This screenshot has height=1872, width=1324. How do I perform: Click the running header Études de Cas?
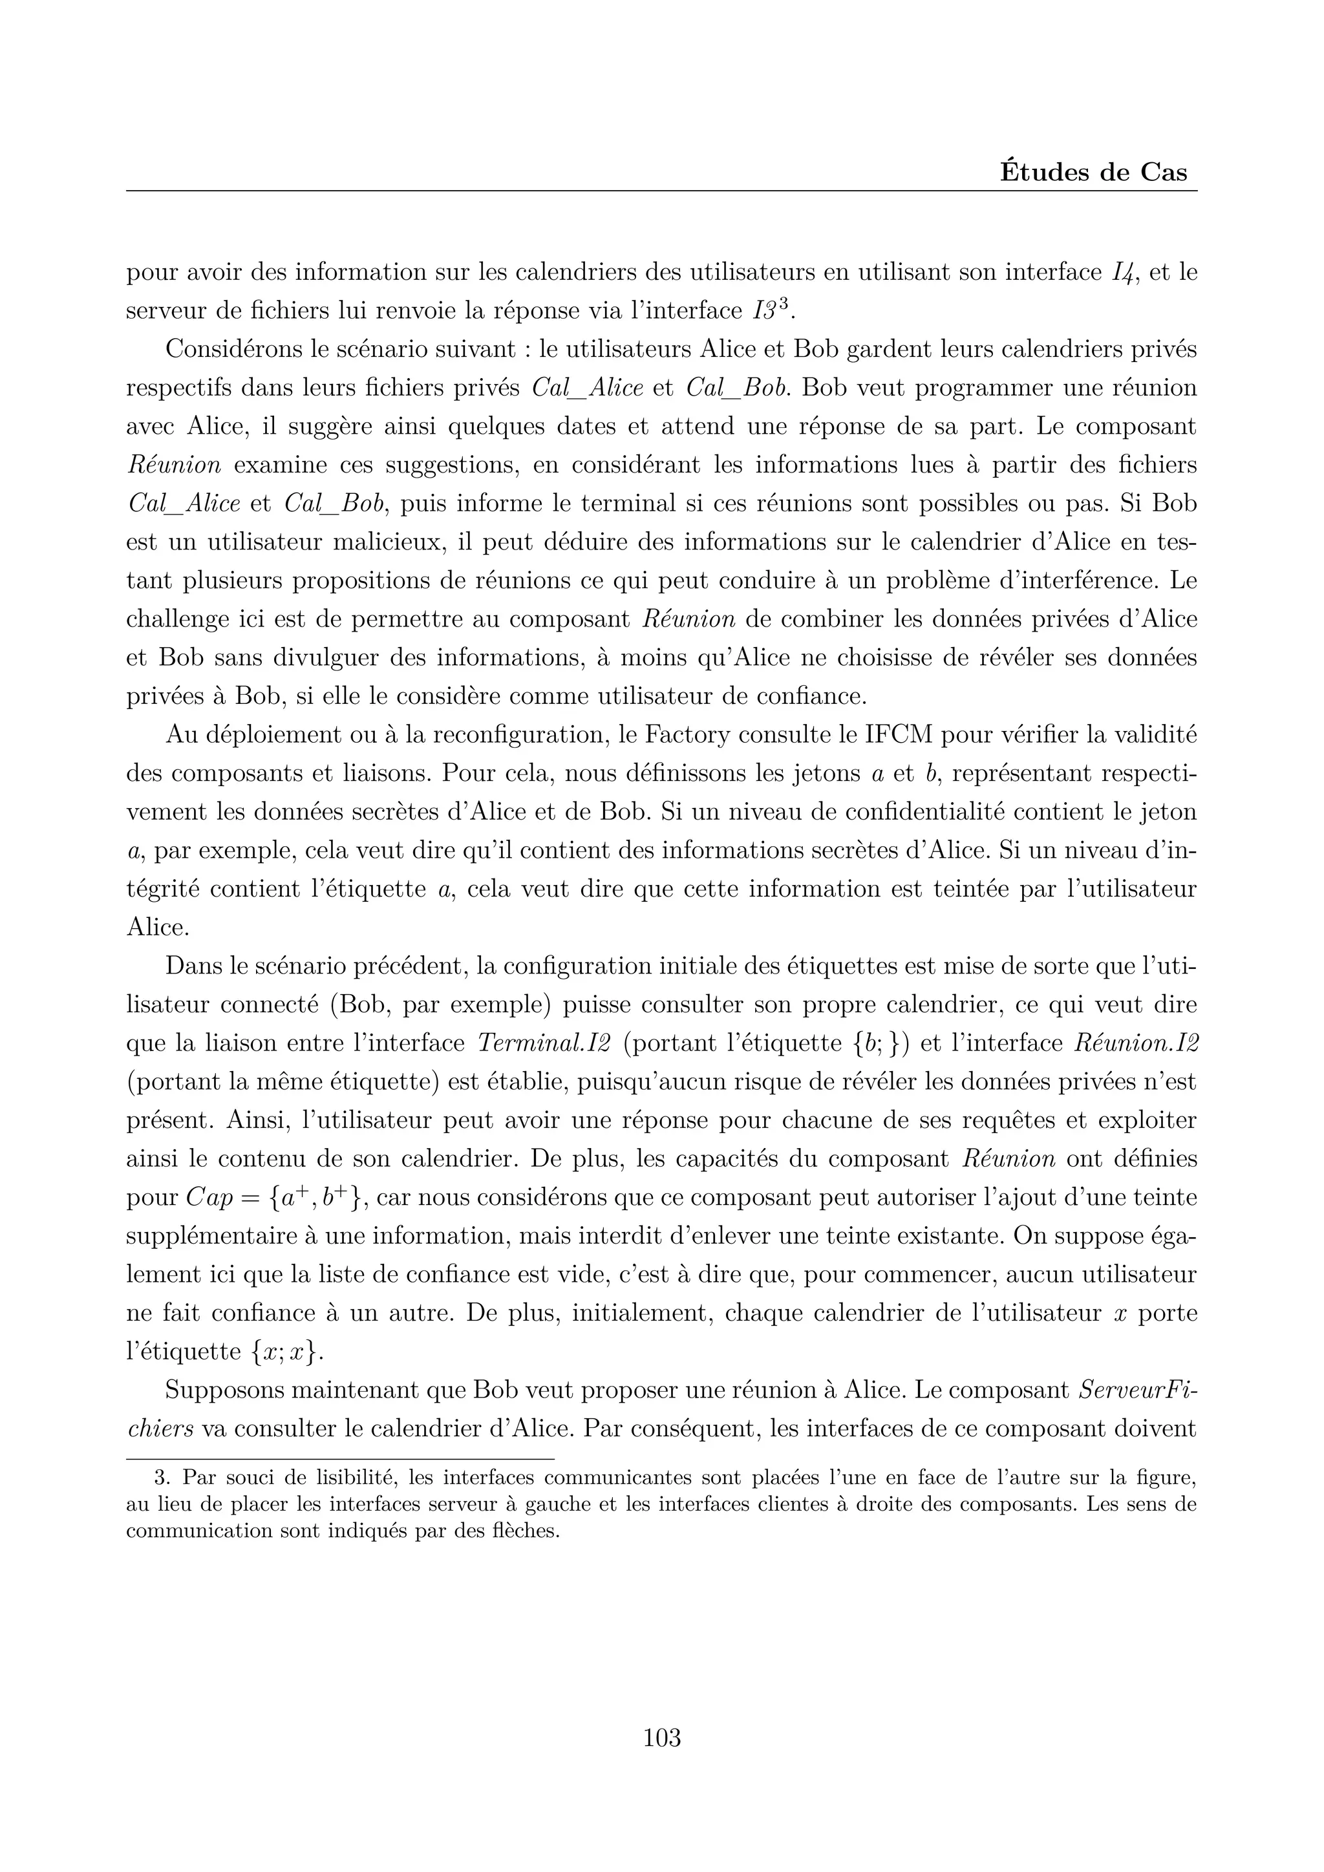point(1093,173)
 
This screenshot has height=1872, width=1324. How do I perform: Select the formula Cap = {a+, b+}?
point(278,1198)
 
